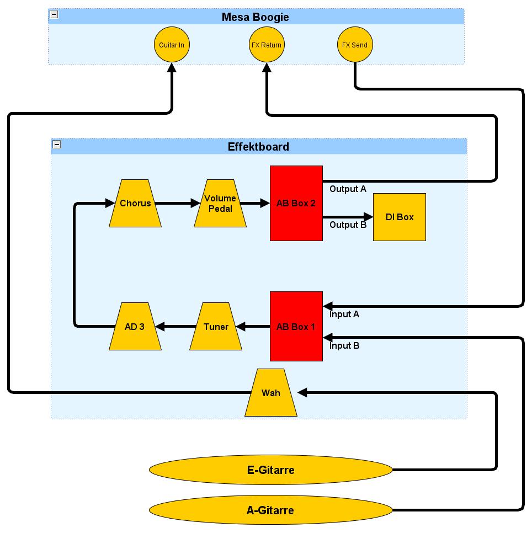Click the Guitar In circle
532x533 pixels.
coord(172,45)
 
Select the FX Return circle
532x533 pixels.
coord(267,45)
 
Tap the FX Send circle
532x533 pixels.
coord(355,45)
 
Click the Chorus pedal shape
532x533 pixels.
coord(135,203)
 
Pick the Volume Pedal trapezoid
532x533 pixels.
coord(220,203)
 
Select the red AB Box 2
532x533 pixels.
coord(296,203)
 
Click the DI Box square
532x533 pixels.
coord(400,217)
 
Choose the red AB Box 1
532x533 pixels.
coord(296,326)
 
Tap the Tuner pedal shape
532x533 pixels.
coord(216,326)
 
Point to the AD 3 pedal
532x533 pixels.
coord(135,326)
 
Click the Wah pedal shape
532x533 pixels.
coord(271,393)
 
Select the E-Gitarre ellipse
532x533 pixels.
coord(270,470)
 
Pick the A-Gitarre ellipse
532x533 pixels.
coord(270,510)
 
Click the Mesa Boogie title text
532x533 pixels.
coord(255,17)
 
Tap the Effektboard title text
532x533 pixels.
coord(258,147)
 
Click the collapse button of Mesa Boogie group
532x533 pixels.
coord(54,14)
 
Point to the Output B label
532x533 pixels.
coord(348,225)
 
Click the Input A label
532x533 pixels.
coord(344,314)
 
